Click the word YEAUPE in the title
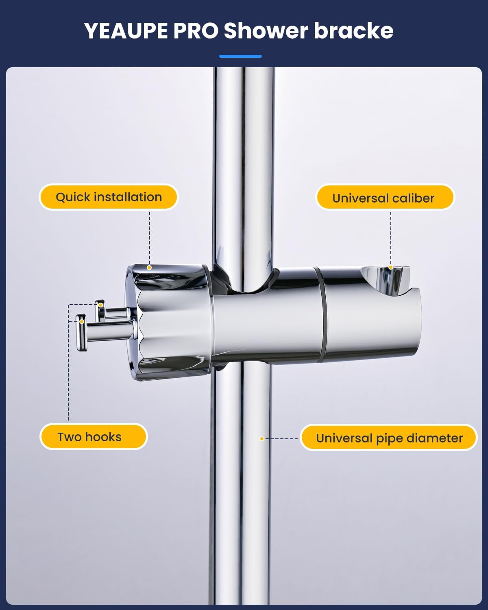pos(126,31)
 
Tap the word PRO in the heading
pos(196,31)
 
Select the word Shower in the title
pos(266,31)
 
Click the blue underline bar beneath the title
pos(240,56)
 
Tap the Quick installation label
pos(109,197)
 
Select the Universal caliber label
pos(384,198)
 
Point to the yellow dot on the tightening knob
pos(149,268)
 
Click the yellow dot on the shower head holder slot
pos(390,267)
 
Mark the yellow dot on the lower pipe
pos(262,439)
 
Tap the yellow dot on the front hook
pos(82,322)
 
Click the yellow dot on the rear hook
pos(100,305)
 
